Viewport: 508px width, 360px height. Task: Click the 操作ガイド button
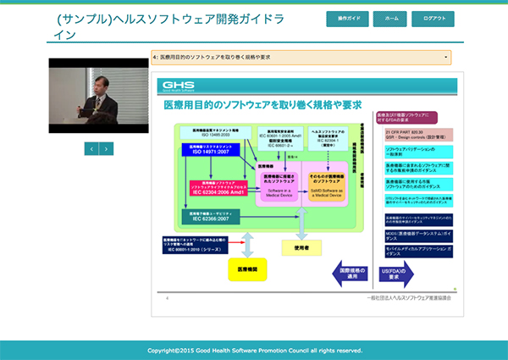point(348,19)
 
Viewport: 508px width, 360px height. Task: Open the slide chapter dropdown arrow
point(445,58)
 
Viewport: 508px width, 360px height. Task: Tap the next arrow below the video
point(107,148)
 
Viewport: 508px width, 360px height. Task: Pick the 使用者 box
point(301,247)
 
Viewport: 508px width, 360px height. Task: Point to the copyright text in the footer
point(255,350)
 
